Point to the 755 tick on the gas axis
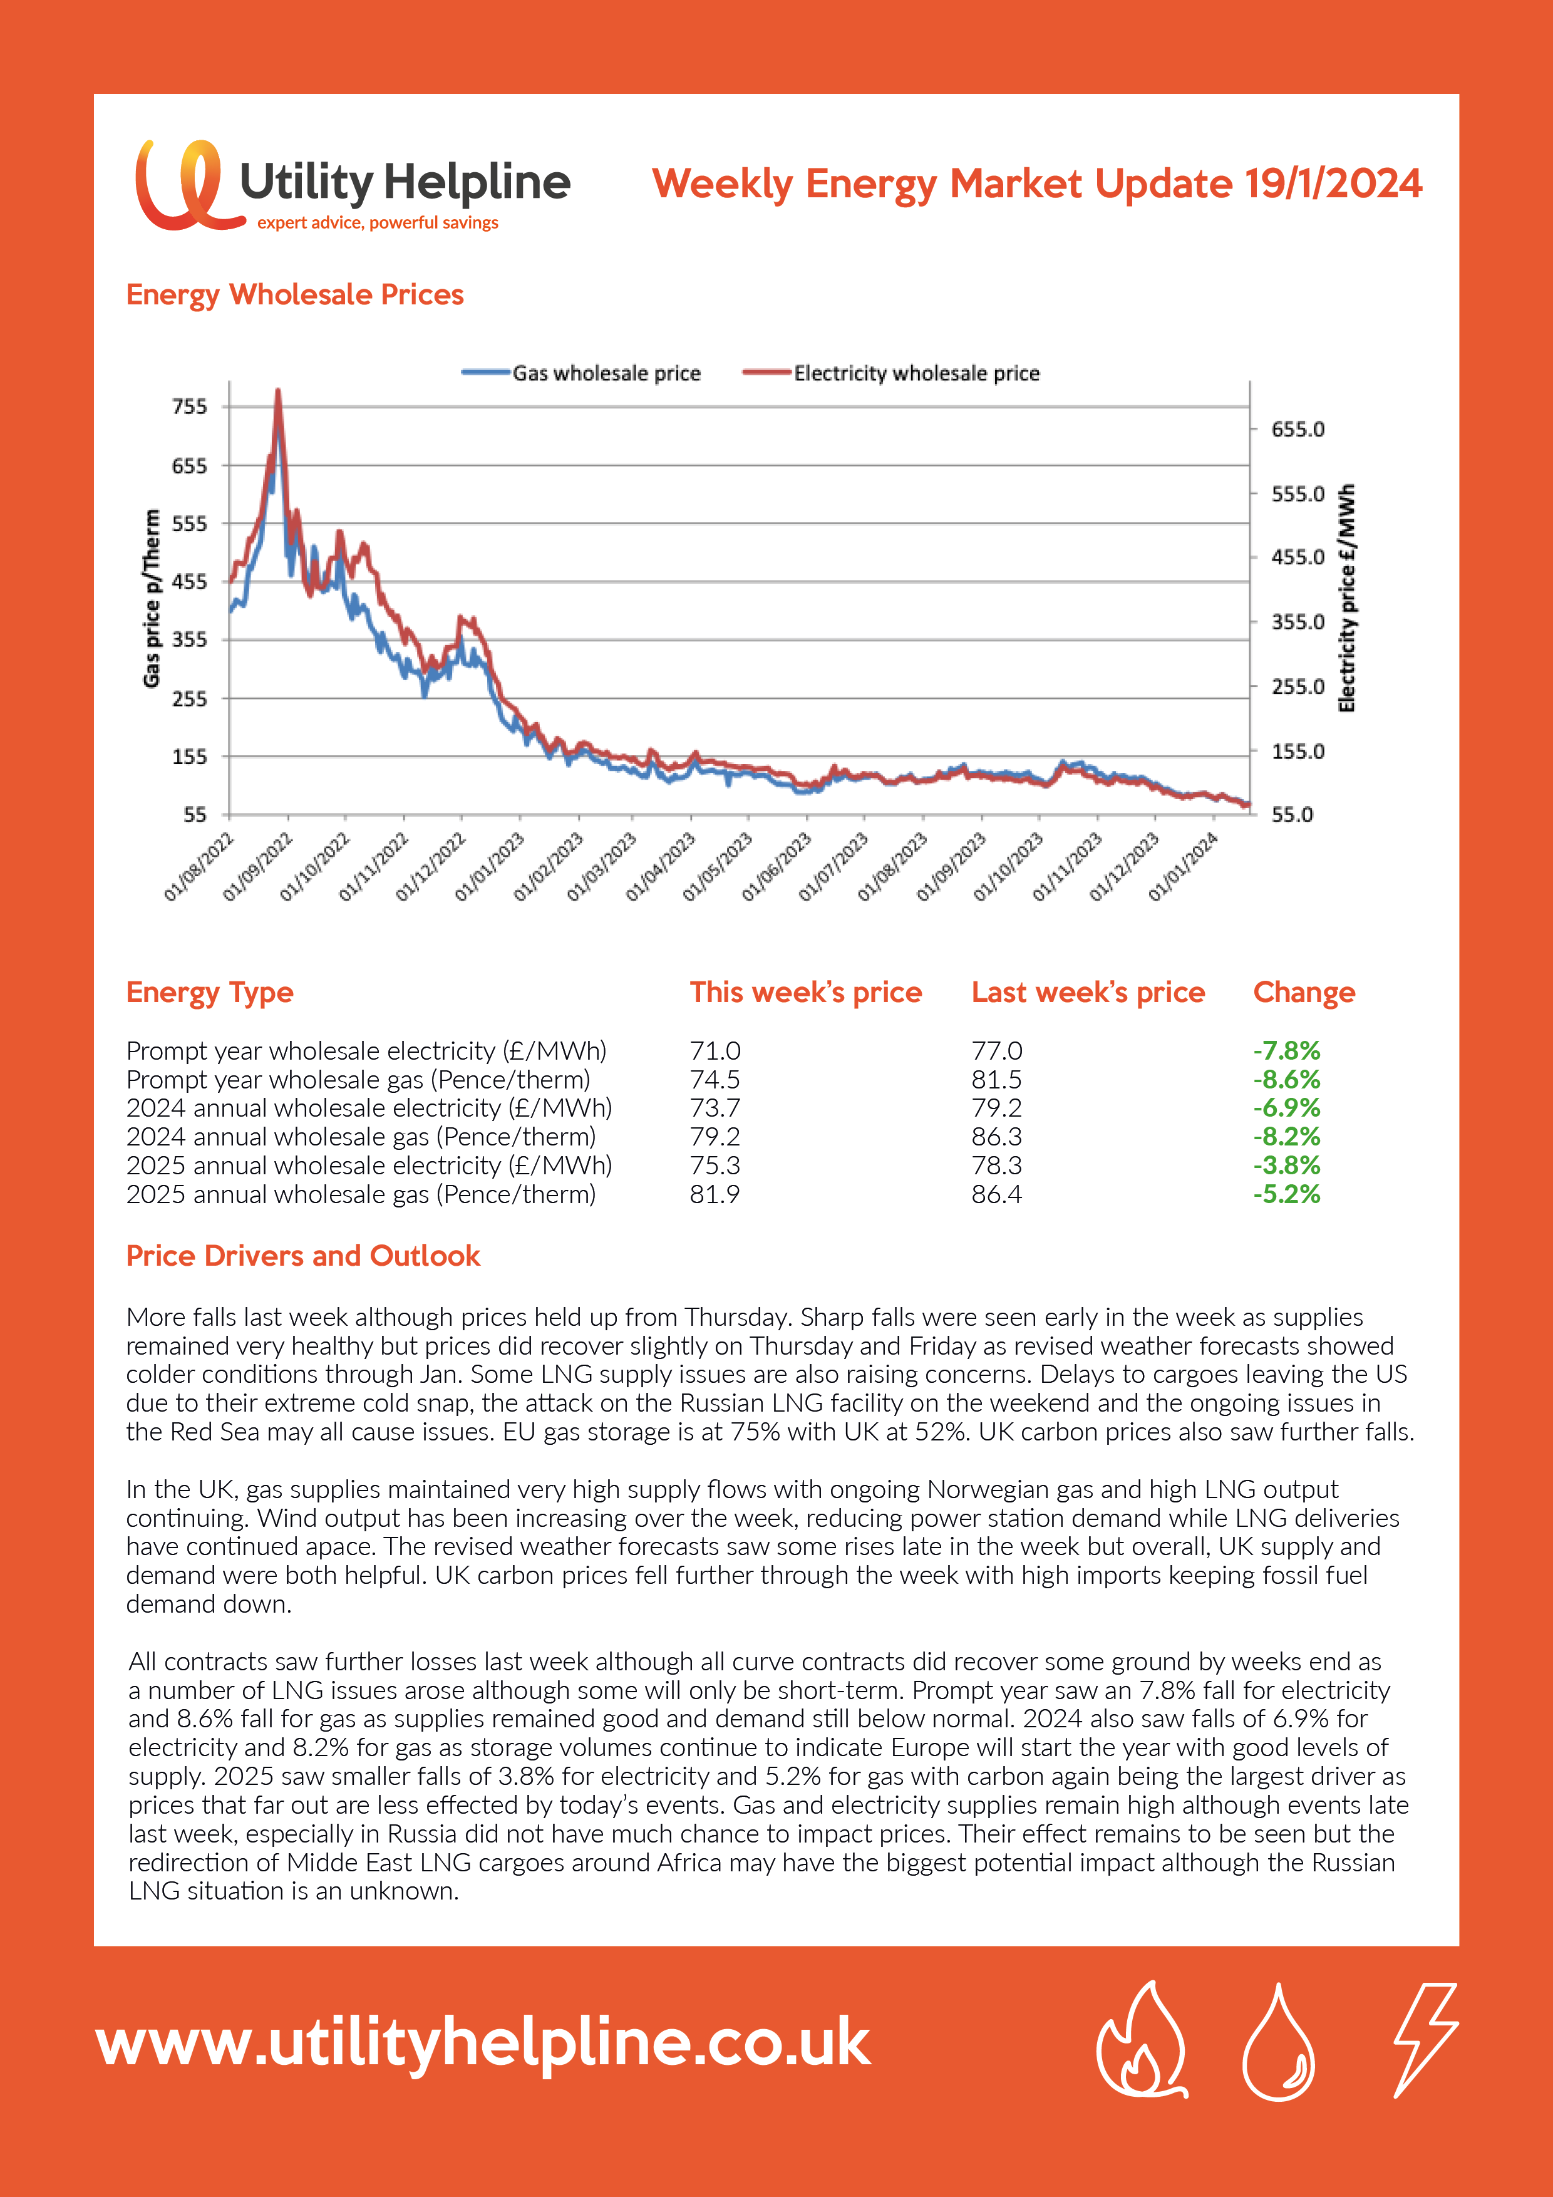(x=190, y=406)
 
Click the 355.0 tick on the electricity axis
(x=1298, y=622)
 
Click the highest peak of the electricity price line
(x=279, y=390)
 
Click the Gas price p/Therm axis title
(x=151, y=598)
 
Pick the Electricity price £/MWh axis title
(x=1346, y=598)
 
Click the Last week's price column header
(x=1088, y=992)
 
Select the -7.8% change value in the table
(x=1286, y=1051)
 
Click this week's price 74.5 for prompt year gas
(x=715, y=1079)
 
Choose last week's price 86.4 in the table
(x=996, y=1194)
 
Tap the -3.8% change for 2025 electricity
(x=1286, y=1166)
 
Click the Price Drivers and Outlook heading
(x=302, y=1256)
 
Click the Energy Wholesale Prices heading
(x=295, y=295)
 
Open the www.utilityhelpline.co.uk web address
(x=483, y=2043)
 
